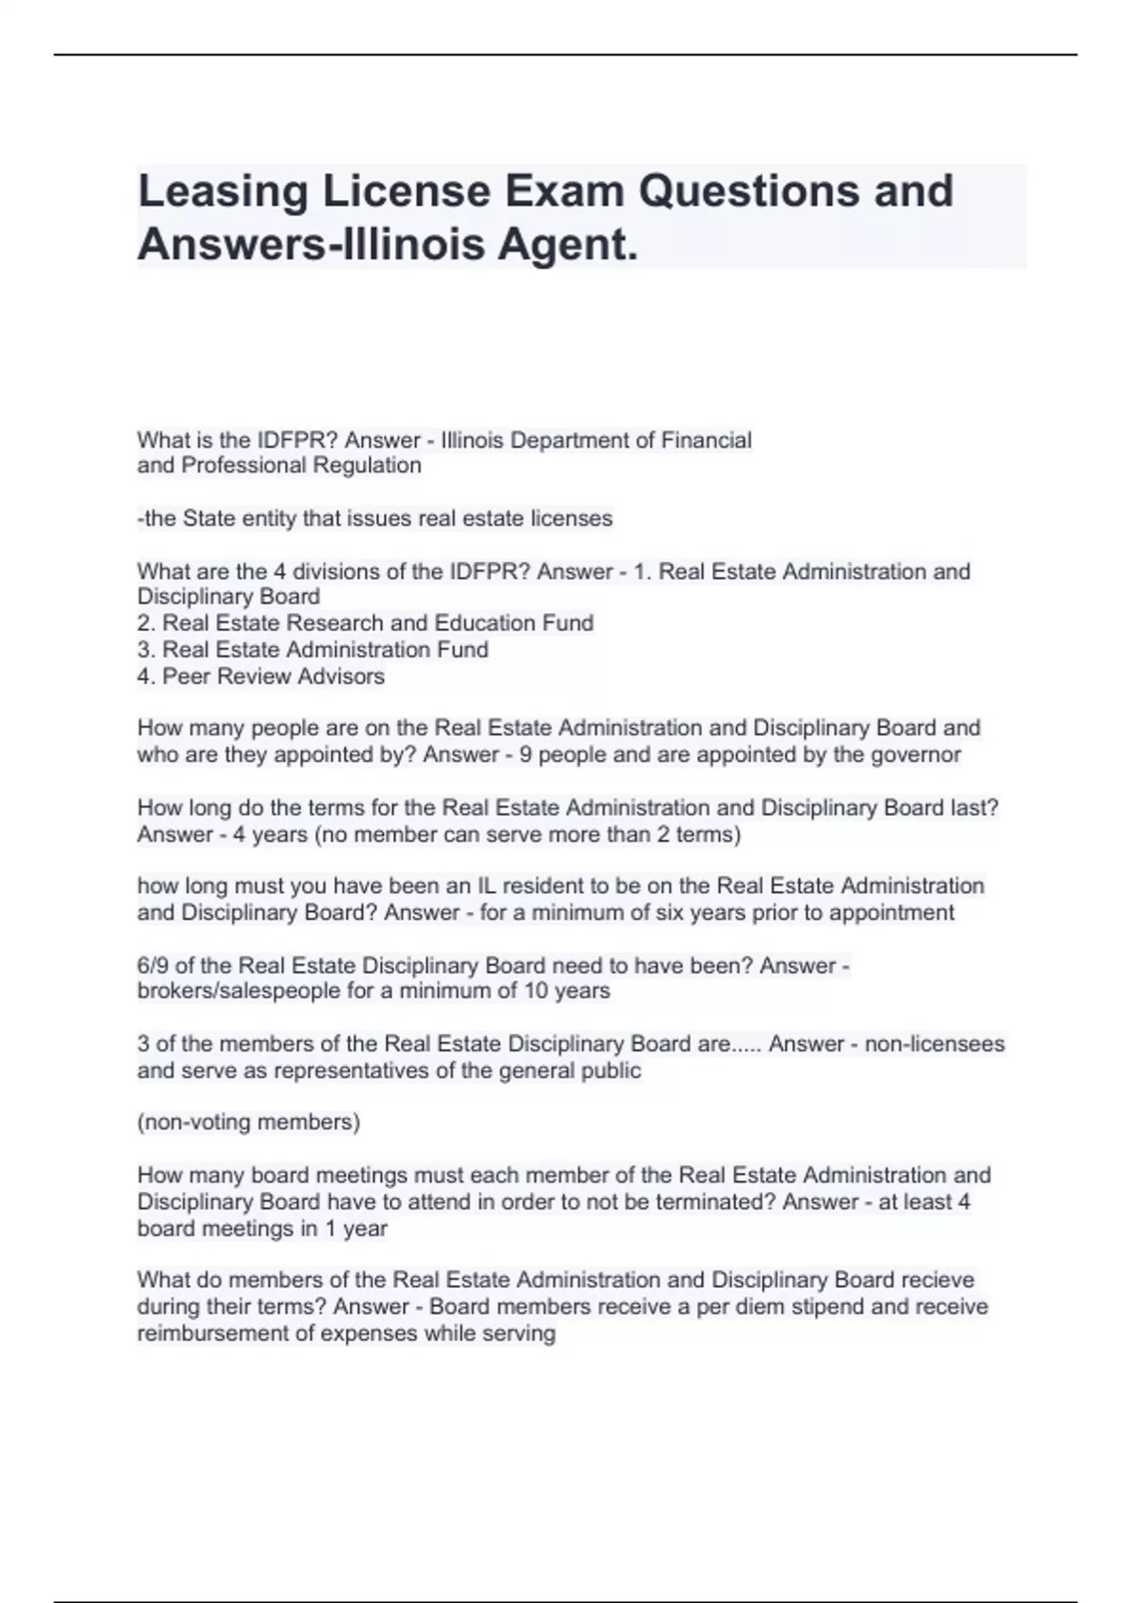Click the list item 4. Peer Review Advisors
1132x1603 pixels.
260,676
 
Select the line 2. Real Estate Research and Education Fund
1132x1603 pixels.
365,623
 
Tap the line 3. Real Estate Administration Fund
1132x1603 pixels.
312,650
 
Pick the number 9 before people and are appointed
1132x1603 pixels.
525,754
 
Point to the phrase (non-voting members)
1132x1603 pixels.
249,1122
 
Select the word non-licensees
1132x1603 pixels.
934,1044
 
